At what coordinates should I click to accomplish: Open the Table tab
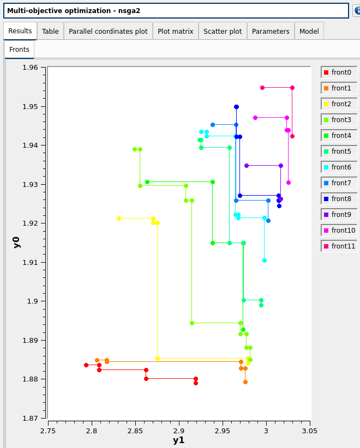pos(50,31)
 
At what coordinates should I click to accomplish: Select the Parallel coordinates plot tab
pos(108,31)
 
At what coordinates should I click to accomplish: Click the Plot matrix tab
pos(175,31)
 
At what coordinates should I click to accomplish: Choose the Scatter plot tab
pos(223,31)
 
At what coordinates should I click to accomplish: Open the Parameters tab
pos(271,31)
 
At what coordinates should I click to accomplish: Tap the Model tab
pos(309,31)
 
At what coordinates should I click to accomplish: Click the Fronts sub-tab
pos(19,50)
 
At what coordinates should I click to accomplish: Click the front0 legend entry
pos(339,72)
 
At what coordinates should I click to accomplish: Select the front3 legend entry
pos(339,120)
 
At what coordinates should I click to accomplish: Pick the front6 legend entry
pos(339,167)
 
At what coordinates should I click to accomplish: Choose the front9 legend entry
pos(339,215)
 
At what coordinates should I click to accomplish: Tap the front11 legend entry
pos(339,246)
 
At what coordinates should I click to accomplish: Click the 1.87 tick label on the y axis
pos(30,419)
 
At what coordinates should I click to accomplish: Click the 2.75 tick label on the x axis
pos(48,430)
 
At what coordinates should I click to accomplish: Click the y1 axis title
pos(178,440)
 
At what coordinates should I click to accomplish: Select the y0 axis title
pos(16,242)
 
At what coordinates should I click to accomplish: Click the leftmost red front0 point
pos(86,365)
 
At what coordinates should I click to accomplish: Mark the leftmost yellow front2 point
pos(119,219)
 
